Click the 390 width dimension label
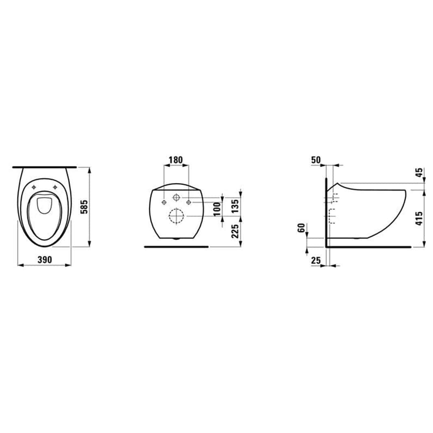(45, 259)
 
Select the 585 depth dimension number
(84, 207)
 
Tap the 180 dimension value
(176, 160)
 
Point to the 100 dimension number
(218, 209)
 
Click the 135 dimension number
(235, 206)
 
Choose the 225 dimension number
(235, 231)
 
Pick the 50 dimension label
(316, 160)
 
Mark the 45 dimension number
(419, 173)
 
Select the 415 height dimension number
(419, 218)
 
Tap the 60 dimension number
(302, 228)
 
